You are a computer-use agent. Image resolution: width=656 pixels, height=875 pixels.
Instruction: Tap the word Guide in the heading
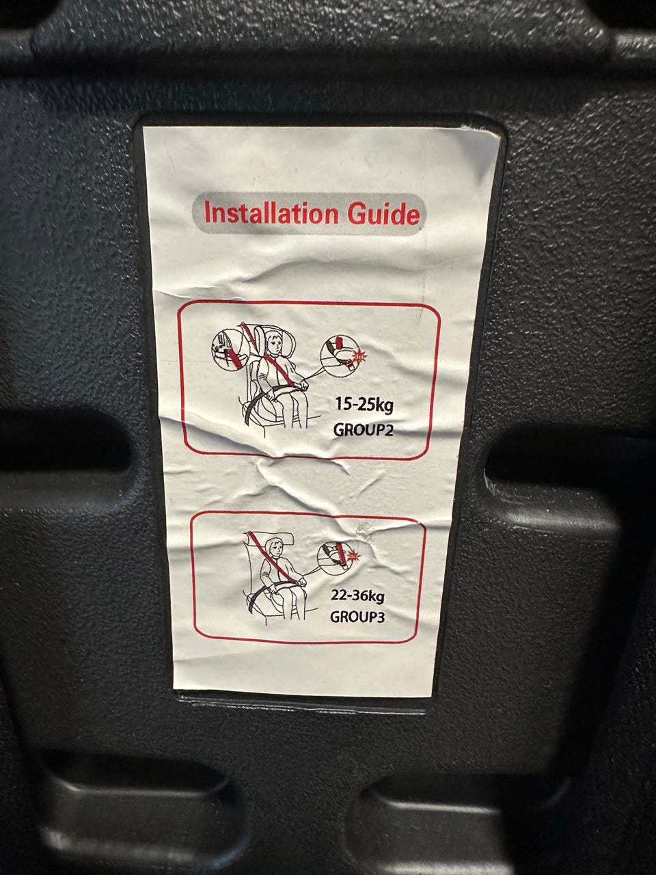click(x=383, y=214)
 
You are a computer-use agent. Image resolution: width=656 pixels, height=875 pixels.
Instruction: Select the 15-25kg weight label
click(x=364, y=405)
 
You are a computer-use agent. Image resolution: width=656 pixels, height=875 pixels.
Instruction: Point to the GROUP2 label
click(x=363, y=430)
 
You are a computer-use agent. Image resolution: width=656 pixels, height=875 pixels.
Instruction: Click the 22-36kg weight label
click(x=357, y=596)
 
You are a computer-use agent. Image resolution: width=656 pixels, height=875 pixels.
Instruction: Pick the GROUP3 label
click(x=357, y=617)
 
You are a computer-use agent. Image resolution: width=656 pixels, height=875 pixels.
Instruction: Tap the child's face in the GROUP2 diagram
click(x=273, y=344)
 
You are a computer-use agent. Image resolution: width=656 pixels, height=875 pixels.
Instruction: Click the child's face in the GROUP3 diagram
click(x=273, y=551)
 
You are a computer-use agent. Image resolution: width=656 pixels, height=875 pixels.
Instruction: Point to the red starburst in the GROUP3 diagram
click(x=352, y=554)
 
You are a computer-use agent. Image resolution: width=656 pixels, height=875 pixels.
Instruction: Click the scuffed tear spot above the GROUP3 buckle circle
click(x=365, y=531)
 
